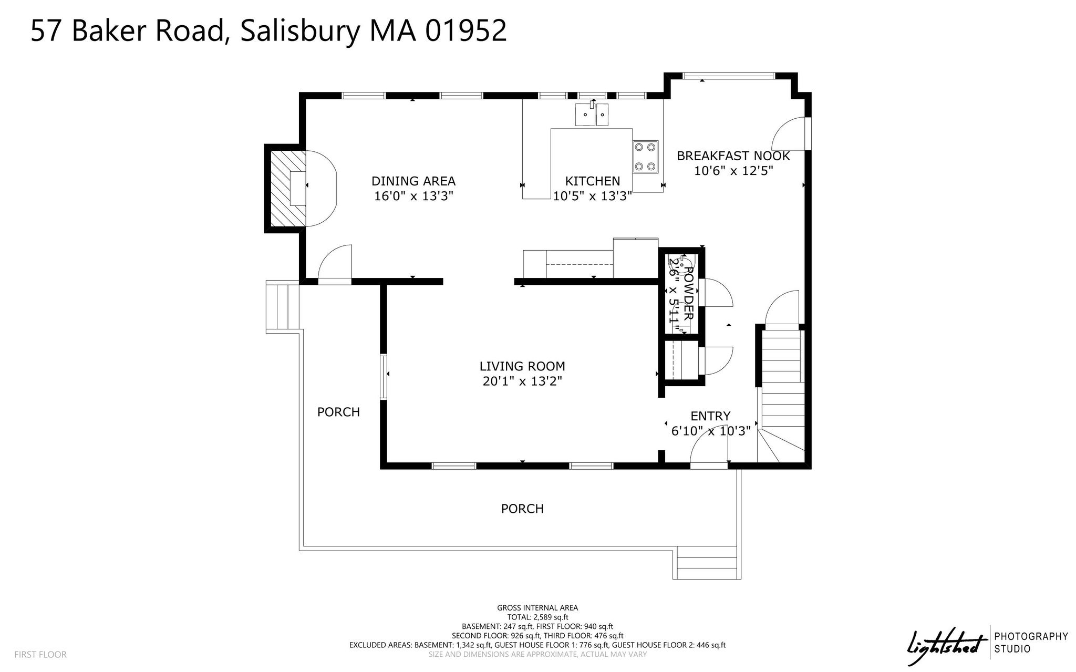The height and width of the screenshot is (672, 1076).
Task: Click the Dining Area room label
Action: tap(413, 181)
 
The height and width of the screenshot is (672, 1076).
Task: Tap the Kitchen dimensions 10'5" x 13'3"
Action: tap(592, 197)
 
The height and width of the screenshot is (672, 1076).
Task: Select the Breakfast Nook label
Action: tap(733, 156)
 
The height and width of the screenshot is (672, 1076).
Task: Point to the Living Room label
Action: tap(522, 366)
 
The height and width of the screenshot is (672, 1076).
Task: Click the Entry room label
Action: tap(710, 416)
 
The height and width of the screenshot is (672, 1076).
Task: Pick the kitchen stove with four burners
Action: tap(645, 157)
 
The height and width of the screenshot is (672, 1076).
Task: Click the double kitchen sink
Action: tap(592, 115)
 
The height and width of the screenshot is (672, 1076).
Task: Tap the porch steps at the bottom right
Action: tap(707, 563)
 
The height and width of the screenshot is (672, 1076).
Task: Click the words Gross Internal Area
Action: tap(537, 608)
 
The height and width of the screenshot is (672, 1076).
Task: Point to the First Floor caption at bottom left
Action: tap(40, 655)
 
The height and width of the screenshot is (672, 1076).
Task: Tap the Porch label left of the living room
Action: tap(338, 412)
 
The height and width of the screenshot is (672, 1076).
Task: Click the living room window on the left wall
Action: tap(384, 376)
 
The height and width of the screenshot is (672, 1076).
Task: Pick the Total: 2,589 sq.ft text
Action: tap(537, 617)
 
